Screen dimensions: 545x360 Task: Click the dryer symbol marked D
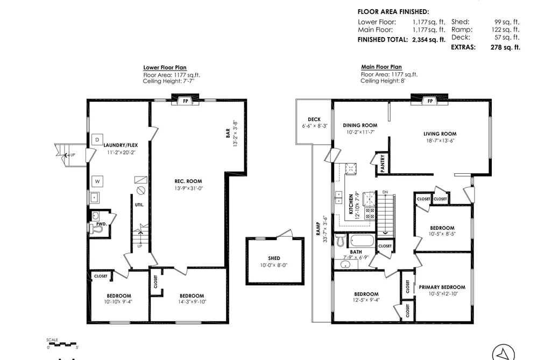pos(97,139)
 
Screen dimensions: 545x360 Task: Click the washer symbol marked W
pos(97,181)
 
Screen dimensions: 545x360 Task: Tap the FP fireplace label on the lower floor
pos(186,101)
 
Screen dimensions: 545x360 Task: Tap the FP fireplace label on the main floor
pos(430,101)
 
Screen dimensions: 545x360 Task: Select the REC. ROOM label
pos(188,181)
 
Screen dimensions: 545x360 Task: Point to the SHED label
pos(274,258)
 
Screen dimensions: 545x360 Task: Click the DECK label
pos(314,119)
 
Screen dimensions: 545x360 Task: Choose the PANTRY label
pos(383,164)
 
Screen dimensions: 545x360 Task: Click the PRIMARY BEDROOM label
pos(442,287)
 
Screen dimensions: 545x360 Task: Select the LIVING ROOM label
pos(440,134)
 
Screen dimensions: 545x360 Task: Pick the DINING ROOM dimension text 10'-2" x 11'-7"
pos(360,132)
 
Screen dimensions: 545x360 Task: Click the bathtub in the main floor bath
pos(362,241)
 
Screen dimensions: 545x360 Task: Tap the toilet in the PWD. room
pos(98,229)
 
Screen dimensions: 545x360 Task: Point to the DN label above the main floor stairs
pos(385,192)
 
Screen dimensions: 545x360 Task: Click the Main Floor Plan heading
pos(381,67)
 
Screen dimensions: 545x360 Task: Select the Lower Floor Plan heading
pos(165,67)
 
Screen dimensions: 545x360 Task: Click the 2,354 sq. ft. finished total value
pos(429,40)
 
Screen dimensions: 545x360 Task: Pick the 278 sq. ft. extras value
pos(505,47)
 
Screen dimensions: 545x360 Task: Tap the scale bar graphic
pos(62,344)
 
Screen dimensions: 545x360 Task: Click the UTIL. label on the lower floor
pos(139,205)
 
